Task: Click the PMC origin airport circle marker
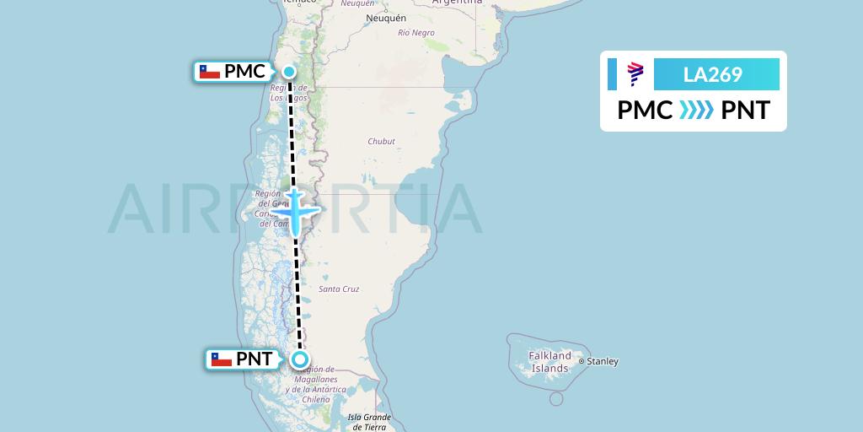click(289, 72)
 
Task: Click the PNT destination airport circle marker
click(300, 359)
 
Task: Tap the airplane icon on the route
click(296, 210)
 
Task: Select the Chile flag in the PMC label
click(210, 72)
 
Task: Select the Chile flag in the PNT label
click(222, 359)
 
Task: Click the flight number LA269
click(712, 74)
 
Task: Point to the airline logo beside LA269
click(635, 74)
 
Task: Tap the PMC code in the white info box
click(645, 111)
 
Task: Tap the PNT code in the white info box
click(746, 111)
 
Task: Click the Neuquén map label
click(386, 18)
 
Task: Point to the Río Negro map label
click(416, 33)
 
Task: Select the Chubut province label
click(381, 142)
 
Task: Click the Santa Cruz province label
click(339, 289)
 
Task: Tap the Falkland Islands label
click(549, 362)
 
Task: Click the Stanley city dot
click(582, 361)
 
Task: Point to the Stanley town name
click(603, 361)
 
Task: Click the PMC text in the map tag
click(244, 72)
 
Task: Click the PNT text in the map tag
click(255, 359)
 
